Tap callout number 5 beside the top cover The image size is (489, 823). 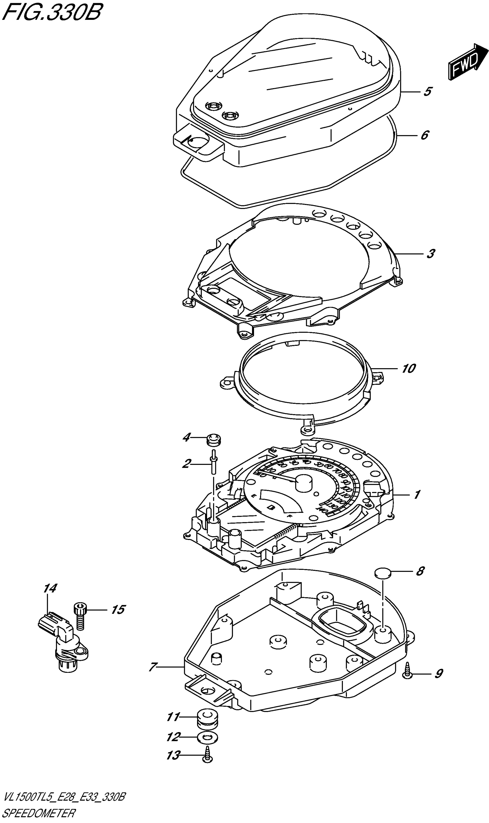(x=427, y=91)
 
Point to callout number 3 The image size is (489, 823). (x=431, y=254)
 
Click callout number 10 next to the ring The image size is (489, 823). (x=408, y=368)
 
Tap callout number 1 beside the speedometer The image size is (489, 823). (x=417, y=494)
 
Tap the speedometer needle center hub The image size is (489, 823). (x=304, y=483)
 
